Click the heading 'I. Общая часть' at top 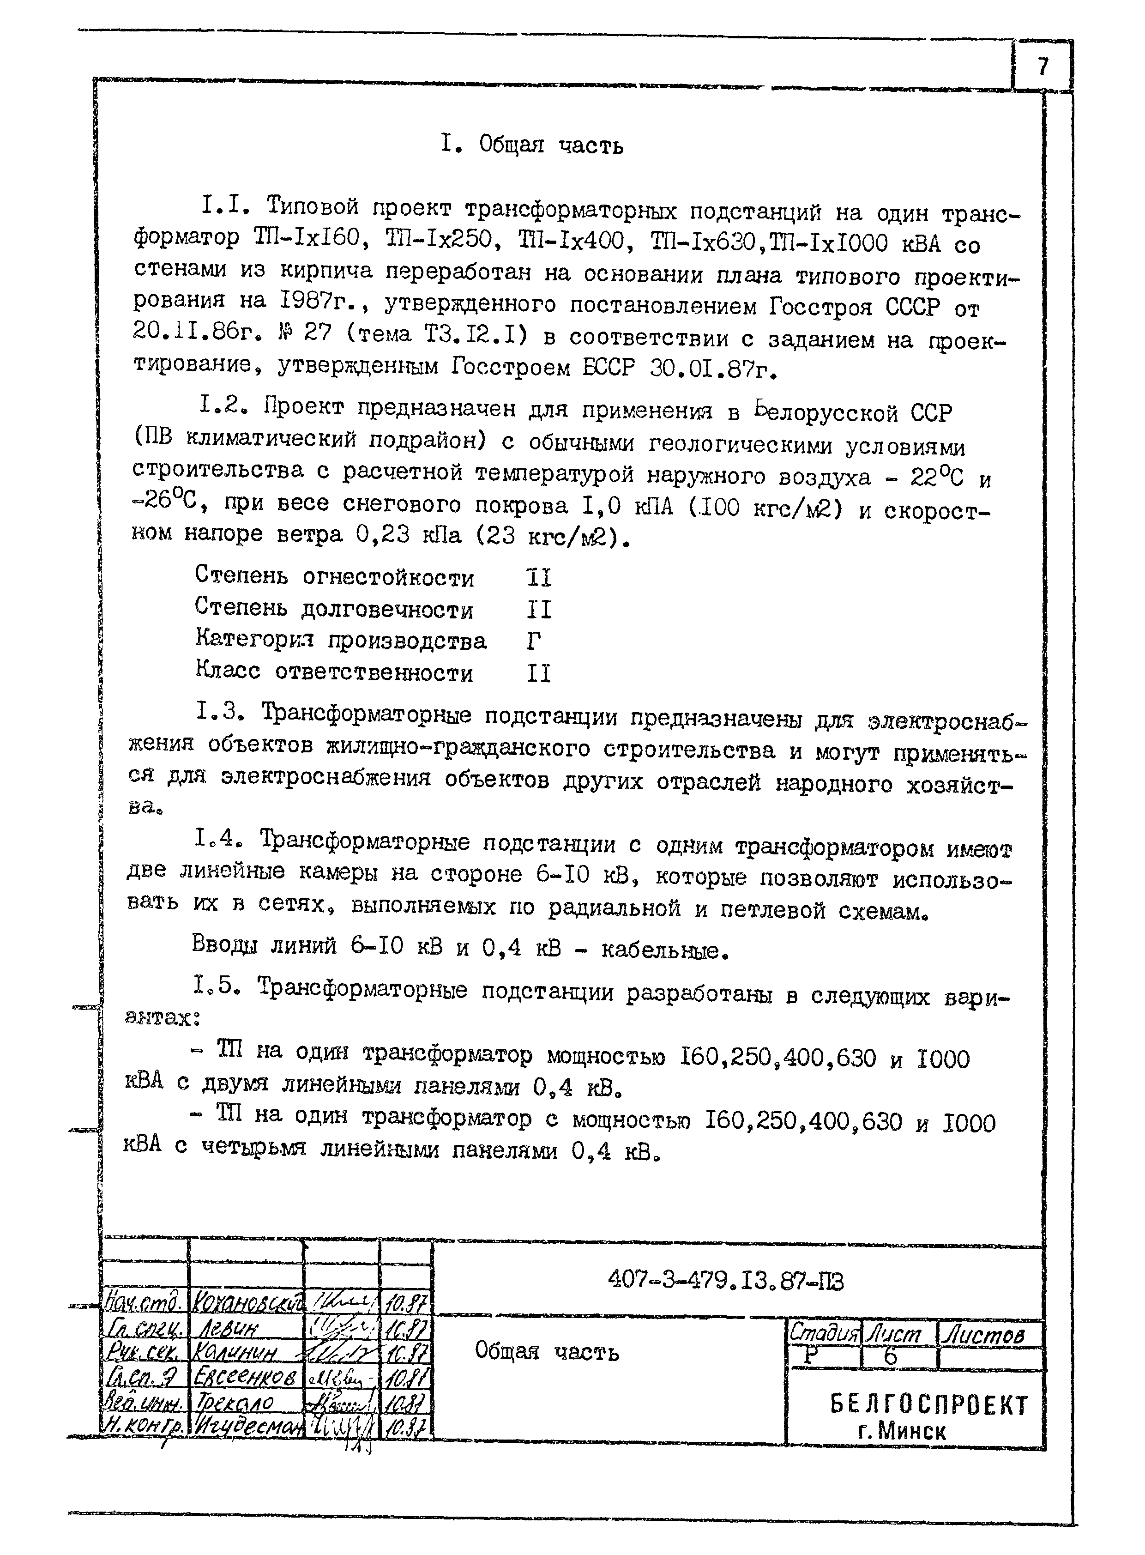[x=532, y=145]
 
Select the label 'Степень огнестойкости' [x=334, y=577]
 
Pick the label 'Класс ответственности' [x=334, y=672]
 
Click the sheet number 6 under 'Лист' [x=891, y=1357]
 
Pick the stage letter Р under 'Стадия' [x=803, y=1357]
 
